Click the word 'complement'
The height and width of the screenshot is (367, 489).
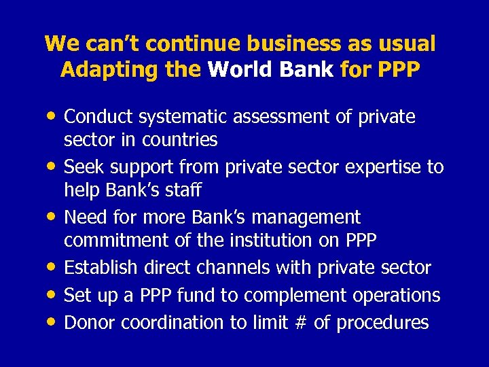tap(295, 296)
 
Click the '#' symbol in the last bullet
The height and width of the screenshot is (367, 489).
tap(300, 322)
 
